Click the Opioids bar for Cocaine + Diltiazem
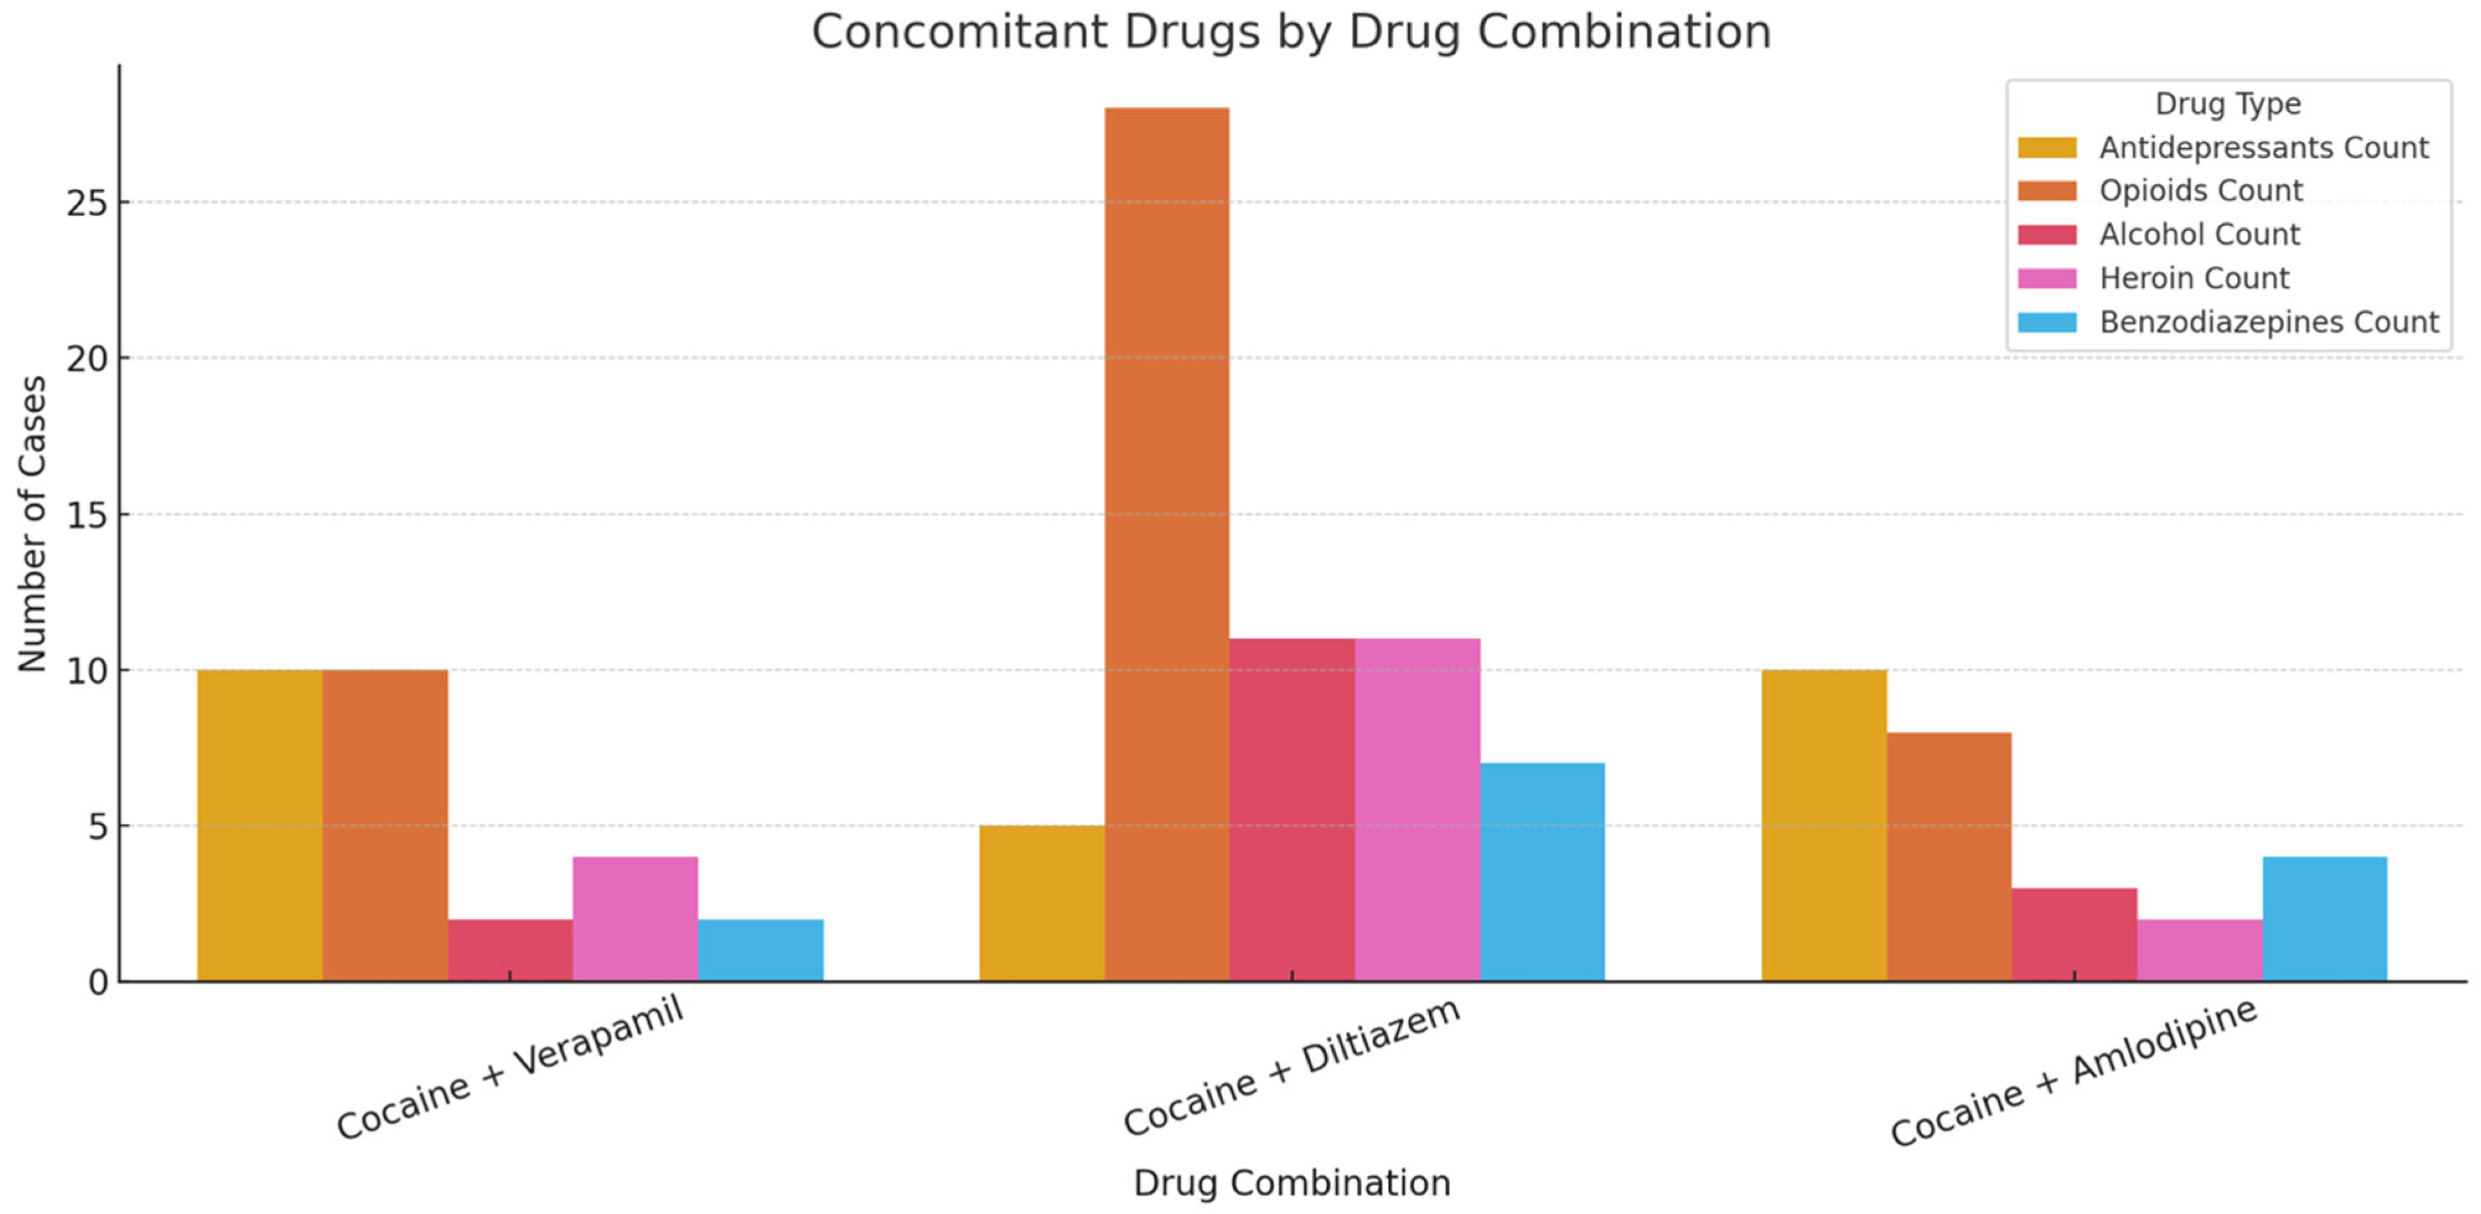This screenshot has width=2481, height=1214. pyautogui.click(x=1166, y=544)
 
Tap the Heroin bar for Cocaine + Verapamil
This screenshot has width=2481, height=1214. pyautogui.click(x=635, y=919)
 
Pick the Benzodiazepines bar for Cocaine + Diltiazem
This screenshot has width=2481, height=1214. pyautogui.click(x=1542, y=871)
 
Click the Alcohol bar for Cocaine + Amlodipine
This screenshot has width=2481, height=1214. pyautogui.click(x=2074, y=934)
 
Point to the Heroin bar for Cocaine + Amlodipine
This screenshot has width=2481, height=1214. pyautogui.click(x=2199, y=950)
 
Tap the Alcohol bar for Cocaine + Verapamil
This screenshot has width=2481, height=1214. pyautogui.click(x=509, y=950)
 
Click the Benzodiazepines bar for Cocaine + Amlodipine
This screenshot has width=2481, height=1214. pyautogui.click(x=2324, y=919)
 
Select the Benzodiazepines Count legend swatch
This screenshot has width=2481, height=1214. pyautogui.click(x=2047, y=321)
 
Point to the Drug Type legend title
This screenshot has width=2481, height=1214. pyautogui.click(x=2227, y=103)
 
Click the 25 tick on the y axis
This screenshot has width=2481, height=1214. pyautogui.click(x=87, y=203)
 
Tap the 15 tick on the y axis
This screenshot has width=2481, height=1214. pyautogui.click(x=87, y=515)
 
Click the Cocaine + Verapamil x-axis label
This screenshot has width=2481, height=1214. pyautogui.click(x=509, y=1068)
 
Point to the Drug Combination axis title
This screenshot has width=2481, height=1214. pyautogui.click(x=1291, y=1182)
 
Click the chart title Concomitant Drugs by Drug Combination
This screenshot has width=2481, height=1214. pyautogui.click(x=1291, y=31)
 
